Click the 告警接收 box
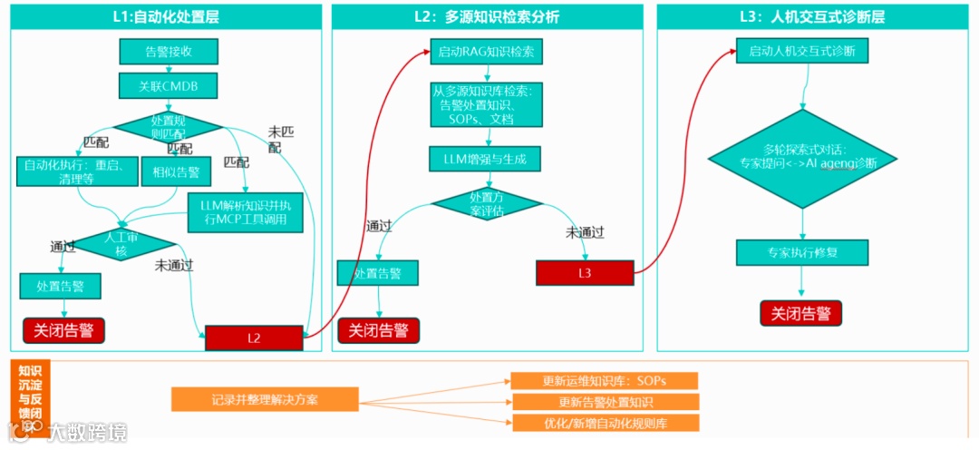[169, 52]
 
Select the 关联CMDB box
[169, 86]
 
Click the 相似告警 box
[176, 171]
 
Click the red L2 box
[254, 337]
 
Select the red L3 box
[584, 272]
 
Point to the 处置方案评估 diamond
[487, 203]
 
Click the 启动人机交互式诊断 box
[802, 52]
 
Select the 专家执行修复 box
[802, 252]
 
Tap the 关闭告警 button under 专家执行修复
[801, 313]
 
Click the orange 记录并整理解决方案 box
[265, 399]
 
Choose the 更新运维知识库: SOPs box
[606, 380]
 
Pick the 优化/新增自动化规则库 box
[606, 423]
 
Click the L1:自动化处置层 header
[169, 15]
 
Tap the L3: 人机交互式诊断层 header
[813, 15]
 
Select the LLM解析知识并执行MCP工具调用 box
[245, 211]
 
